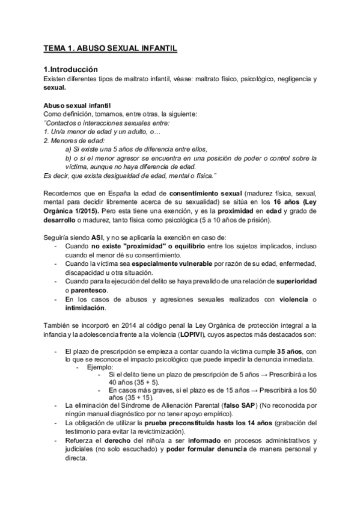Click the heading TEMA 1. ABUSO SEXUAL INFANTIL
(x=111, y=48)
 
